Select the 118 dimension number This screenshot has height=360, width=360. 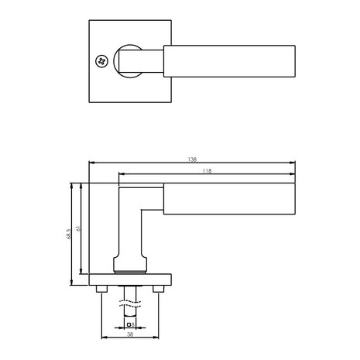[206, 170]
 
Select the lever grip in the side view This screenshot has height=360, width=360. [229, 199]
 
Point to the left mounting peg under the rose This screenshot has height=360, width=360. [101, 290]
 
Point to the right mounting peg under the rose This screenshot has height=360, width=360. [159, 290]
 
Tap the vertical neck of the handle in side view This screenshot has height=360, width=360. [130, 232]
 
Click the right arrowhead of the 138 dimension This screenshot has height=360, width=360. [293, 163]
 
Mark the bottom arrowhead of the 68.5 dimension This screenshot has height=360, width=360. [71, 282]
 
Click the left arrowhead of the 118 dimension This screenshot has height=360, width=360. [121, 174]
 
